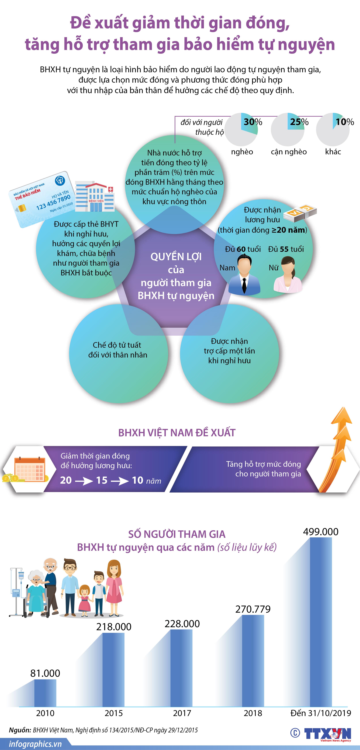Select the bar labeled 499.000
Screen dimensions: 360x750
pos(321,622)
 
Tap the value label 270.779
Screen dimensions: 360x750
pos(253,609)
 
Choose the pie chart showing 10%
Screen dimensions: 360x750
pos(333,129)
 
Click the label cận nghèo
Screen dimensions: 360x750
pos(289,152)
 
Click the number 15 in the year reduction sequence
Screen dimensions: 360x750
pos(102,480)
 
